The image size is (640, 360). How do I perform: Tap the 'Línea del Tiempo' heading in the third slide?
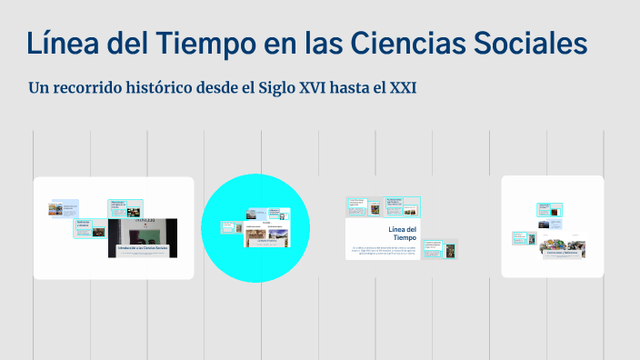click(x=402, y=234)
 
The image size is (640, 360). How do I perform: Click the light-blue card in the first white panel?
click(x=64, y=209)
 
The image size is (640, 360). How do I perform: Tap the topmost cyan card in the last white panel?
click(x=549, y=208)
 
